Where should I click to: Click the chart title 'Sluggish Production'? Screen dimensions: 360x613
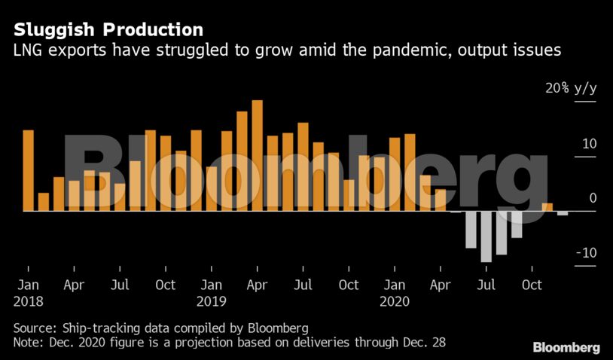tap(108, 30)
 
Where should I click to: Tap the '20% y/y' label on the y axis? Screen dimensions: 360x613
tap(571, 89)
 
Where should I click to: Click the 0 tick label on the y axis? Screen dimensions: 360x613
tap(592, 198)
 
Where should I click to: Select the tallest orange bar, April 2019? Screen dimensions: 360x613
tap(257, 155)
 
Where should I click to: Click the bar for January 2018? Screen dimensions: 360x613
tap(28, 170)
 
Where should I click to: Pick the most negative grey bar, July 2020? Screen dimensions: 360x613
tap(486, 236)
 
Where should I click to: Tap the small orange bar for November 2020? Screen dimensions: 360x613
tap(547, 207)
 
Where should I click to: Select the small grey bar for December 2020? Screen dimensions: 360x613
tap(563, 213)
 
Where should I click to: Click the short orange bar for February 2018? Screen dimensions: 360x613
tap(44, 202)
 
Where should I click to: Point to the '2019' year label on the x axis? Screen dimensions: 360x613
tap(211, 301)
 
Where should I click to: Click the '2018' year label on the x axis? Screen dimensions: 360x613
tap(28, 301)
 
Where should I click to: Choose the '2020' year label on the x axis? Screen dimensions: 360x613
tap(394, 301)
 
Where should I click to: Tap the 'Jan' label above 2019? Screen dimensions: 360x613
tap(211, 285)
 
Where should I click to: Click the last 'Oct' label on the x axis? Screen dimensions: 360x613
tap(532, 285)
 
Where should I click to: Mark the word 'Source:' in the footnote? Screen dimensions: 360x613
tap(35, 328)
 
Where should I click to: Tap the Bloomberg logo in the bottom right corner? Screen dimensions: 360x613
tap(566, 347)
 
